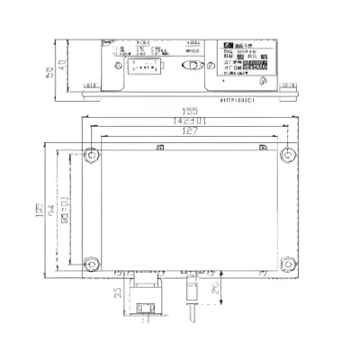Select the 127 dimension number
pos(186,130)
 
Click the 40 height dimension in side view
pos(62,64)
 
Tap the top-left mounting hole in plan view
pos(90,155)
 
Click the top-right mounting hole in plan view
pos(285,155)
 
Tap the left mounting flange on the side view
pos(90,85)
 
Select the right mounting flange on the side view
pos(286,85)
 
